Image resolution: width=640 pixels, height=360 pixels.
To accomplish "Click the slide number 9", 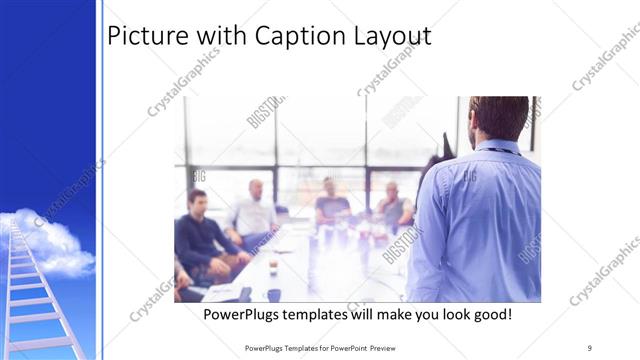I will tap(590, 347).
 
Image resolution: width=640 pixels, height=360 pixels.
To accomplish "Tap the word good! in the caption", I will tap(491, 315).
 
